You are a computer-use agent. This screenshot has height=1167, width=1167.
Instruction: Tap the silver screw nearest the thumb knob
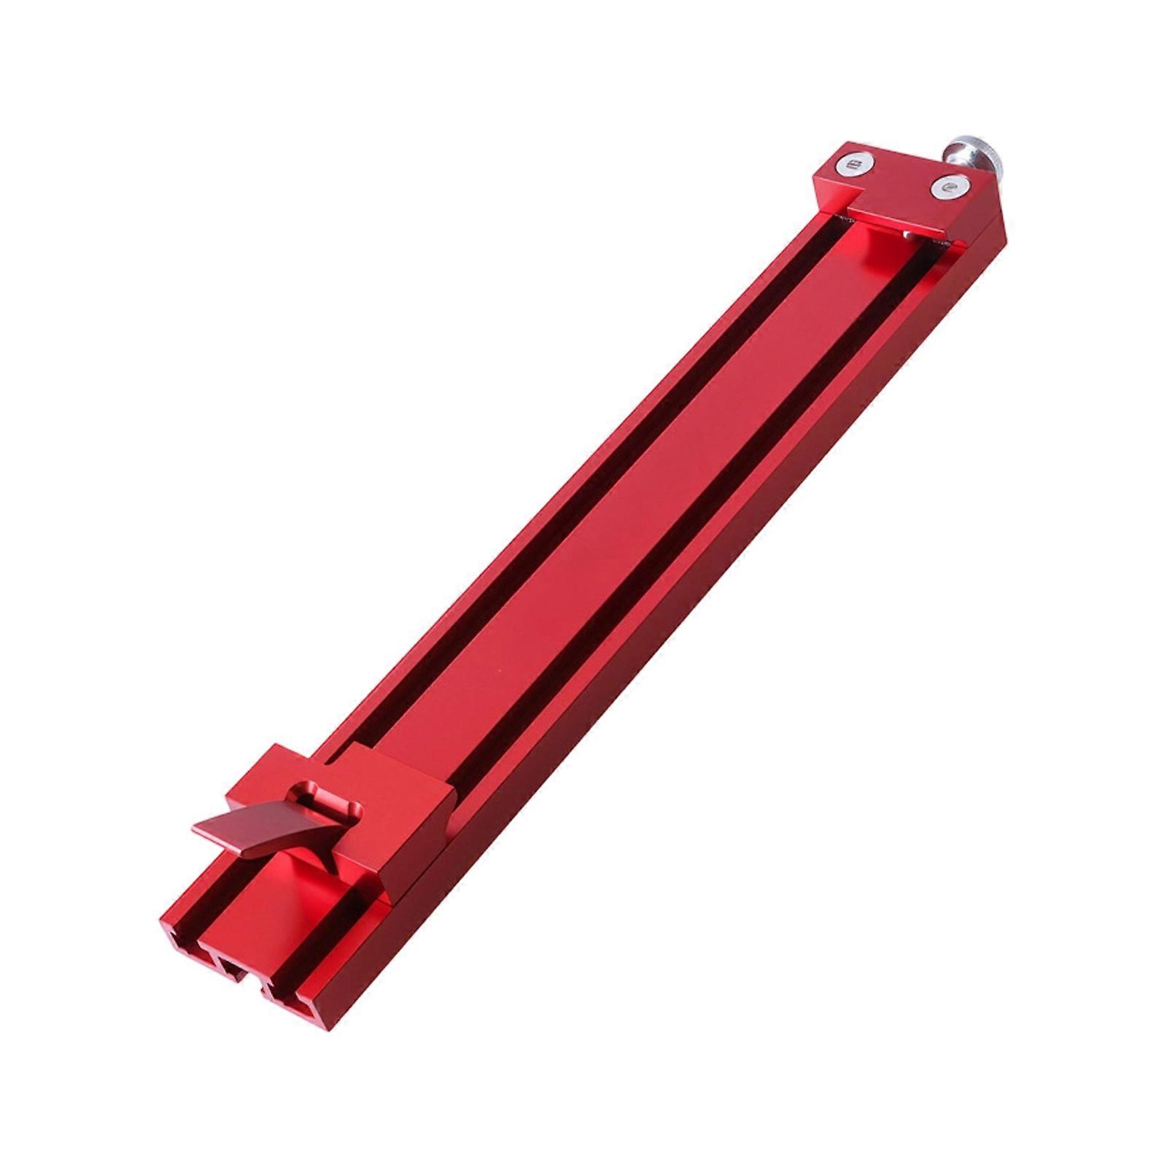click(945, 188)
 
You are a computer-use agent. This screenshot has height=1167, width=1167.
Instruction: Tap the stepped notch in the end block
click(853, 208)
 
